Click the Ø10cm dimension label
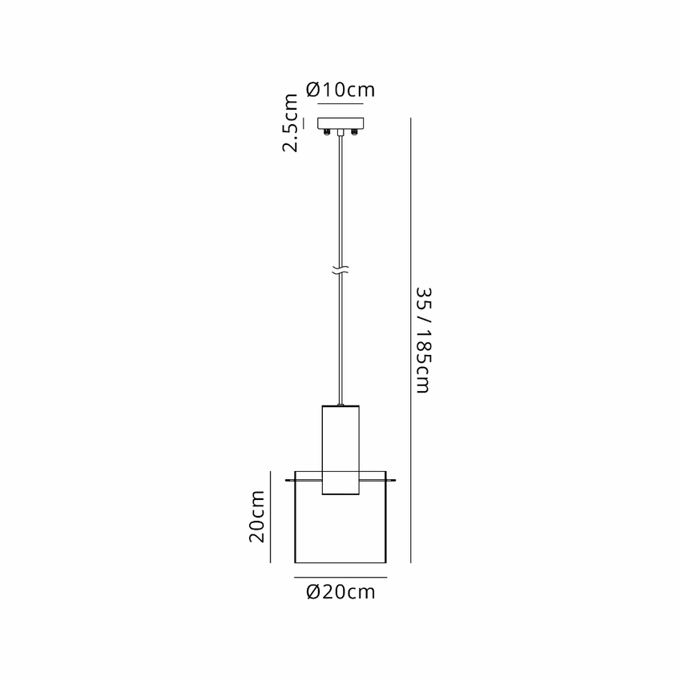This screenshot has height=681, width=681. point(340,90)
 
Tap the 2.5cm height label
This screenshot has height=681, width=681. point(291,123)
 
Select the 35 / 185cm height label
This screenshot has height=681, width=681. point(423,340)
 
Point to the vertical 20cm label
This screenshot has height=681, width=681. point(256,517)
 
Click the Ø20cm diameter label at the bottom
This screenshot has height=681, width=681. point(340,592)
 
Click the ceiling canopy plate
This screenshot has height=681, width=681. point(340,123)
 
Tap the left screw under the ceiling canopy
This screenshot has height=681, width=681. point(327,132)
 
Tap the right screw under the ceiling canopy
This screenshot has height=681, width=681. point(354,132)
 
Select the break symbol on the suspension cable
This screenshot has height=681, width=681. point(340,270)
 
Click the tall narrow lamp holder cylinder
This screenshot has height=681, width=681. point(340,450)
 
